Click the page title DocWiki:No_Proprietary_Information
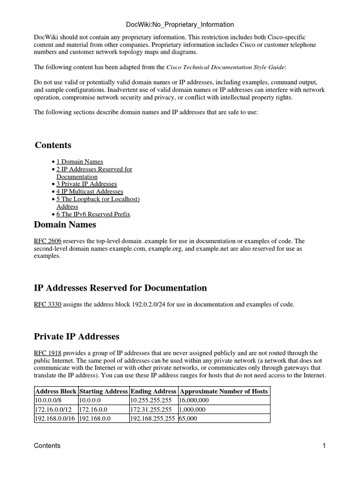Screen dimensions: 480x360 pyautogui.click(x=180, y=24)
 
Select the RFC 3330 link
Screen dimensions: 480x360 pyautogui.click(x=47, y=305)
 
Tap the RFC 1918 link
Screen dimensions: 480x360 pyautogui.click(x=47, y=353)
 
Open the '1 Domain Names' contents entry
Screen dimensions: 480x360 pyautogui.click(x=80, y=162)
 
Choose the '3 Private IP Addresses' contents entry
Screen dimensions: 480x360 pyautogui.click(x=86, y=184)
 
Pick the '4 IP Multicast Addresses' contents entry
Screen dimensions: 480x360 pyautogui.click(x=90, y=192)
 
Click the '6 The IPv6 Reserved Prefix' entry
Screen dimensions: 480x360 pyautogui.click(x=93, y=214)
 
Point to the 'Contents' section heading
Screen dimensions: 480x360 pyautogui.click(x=53, y=145)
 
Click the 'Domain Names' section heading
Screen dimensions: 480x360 pyautogui.click(x=65, y=225)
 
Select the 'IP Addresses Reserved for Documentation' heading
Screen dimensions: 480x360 pyautogui.click(x=120, y=288)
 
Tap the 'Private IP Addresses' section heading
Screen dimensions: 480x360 pyautogui.click(x=77, y=337)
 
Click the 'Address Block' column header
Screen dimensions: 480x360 pyautogui.click(x=56, y=391)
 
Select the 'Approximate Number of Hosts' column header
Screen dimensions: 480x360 pyautogui.click(x=224, y=391)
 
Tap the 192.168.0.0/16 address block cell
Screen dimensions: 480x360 pyautogui.click(x=54, y=419)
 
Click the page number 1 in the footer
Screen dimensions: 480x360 pyautogui.click(x=323, y=446)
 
